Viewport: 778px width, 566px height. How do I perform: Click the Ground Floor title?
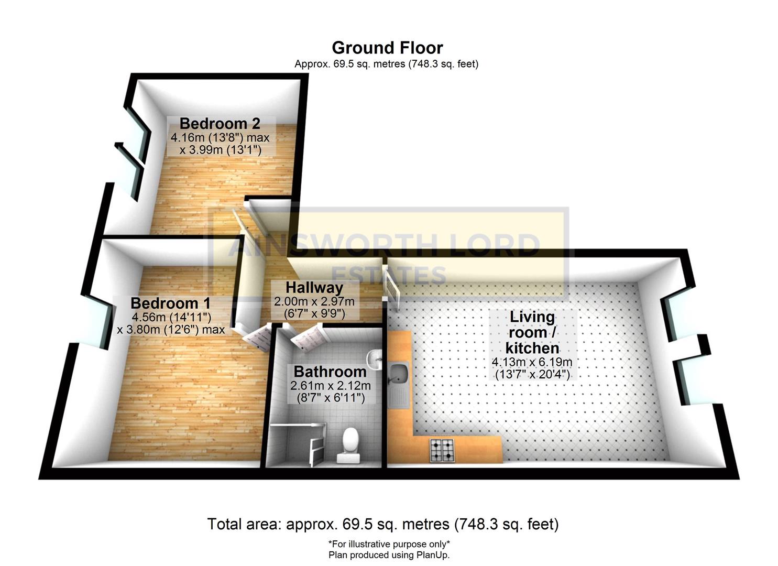387,48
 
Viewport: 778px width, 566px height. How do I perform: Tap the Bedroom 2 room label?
220,124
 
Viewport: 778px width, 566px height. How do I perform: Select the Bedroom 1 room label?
170,303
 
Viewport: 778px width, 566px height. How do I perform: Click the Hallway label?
314,288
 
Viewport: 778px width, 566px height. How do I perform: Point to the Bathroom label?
330,372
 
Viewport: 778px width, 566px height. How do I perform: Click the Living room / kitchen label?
532,332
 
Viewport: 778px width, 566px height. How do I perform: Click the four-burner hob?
442,450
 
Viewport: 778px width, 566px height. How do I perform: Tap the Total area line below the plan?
383,524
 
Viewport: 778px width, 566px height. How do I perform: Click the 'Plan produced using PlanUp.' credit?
389,555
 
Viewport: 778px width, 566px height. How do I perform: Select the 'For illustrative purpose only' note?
389,544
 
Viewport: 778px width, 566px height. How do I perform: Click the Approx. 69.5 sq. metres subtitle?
386,64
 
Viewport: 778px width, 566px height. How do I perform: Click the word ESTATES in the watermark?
389,275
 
